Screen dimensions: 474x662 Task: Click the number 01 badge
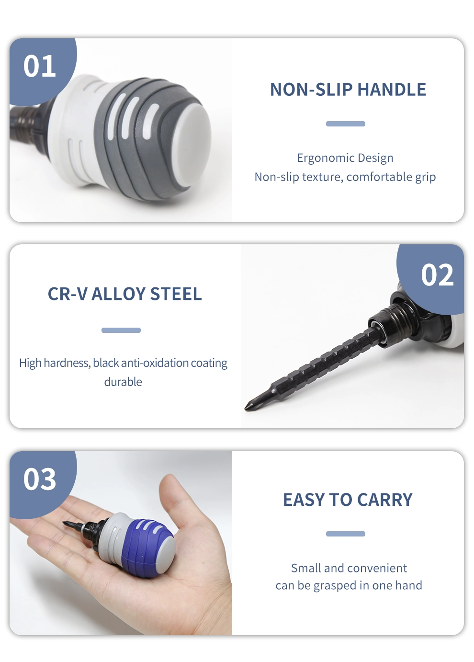[40, 66]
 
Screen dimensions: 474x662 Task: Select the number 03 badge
[40, 479]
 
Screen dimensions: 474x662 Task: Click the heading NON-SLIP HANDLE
[348, 89]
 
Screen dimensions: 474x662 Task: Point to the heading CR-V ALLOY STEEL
[124, 294]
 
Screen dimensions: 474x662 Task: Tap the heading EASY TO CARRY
[348, 500]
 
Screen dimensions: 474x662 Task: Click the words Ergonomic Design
[345, 158]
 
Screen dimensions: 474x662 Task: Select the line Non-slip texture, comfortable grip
[345, 177]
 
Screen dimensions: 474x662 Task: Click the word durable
[123, 382]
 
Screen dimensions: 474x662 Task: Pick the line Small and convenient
[349, 568]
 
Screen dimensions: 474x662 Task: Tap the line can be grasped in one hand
[349, 585]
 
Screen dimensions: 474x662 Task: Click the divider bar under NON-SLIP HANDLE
[346, 124]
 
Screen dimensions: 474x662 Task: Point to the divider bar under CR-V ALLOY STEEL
[121, 330]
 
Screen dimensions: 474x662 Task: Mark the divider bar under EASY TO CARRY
[346, 534]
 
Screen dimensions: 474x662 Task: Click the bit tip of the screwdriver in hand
[64, 524]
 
